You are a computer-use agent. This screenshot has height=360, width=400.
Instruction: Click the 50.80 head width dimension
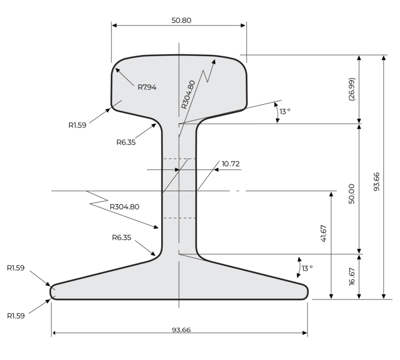click(179, 20)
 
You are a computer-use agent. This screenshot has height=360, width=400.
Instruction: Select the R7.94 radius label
click(147, 87)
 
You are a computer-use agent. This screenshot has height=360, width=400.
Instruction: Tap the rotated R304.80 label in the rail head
click(189, 94)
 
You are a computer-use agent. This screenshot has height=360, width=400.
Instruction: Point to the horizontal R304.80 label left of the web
click(124, 206)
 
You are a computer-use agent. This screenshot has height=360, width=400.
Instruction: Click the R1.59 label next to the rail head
click(77, 125)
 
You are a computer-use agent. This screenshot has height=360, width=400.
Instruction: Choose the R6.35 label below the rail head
click(126, 142)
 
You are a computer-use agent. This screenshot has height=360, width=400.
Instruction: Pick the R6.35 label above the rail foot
click(121, 238)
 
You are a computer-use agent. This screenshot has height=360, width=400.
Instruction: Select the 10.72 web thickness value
click(230, 164)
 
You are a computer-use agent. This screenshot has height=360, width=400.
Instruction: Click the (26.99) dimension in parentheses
click(352, 89)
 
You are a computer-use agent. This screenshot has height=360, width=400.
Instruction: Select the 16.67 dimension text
click(352, 276)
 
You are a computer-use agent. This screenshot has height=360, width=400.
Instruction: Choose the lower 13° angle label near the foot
click(307, 268)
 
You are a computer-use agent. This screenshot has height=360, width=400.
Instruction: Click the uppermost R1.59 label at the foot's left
click(16, 268)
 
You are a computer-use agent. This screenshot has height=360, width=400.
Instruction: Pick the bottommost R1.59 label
click(16, 316)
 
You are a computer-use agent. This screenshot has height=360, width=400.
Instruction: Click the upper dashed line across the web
click(179, 159)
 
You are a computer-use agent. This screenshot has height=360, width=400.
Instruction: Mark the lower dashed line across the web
click(179, 218)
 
